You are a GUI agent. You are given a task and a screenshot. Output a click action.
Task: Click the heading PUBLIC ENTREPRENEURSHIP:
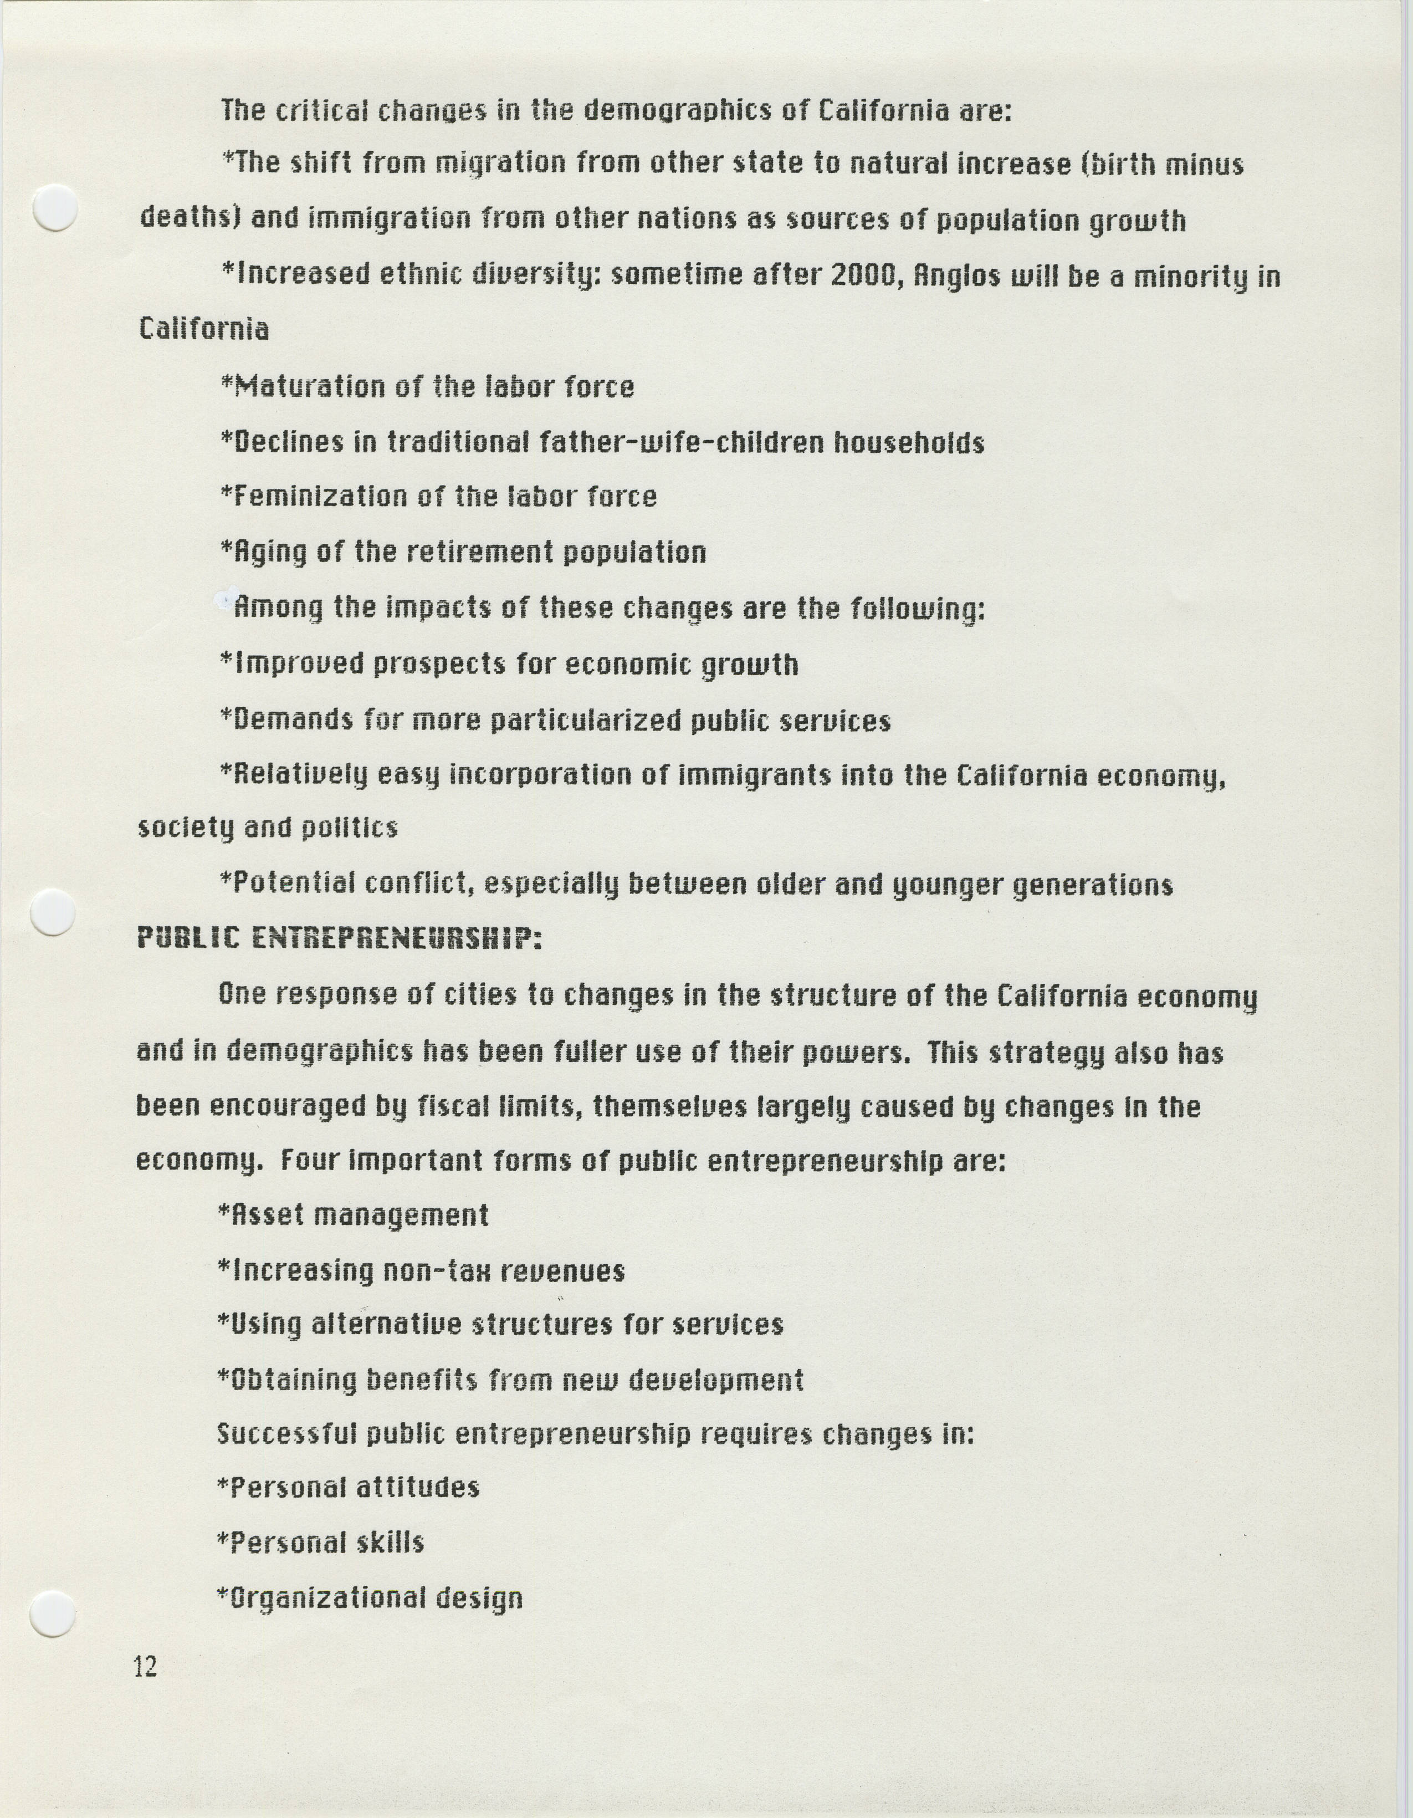(340, 938)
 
